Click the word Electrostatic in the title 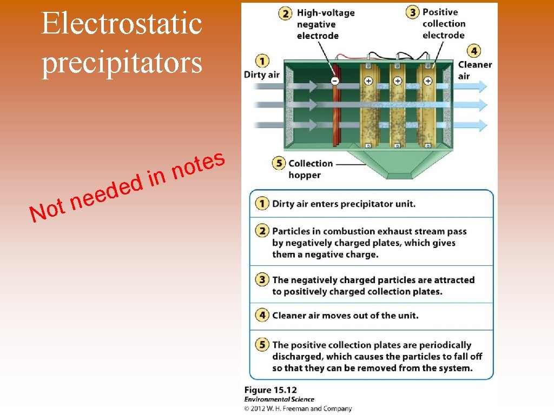pyautogui.click(x=122, y=24)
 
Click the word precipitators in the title pyautogui.click(x=122, y=62)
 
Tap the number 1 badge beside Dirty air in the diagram pyautogui.click(x=262, y=61)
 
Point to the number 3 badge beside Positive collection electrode pyautogui.click(x=412, y=12)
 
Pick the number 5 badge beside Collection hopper pyautogui.click(x=278, y=163)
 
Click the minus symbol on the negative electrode pyautogui.click(x=335, y=81)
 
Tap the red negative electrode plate pyautogui.click(x=336, y=113)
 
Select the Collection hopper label pyautogui.click(x=310, y=169)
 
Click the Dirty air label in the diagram pyautogui.click(x=262, y=75)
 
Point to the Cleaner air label pyautogui.click(x=474, y=70)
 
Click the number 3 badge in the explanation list pyautogui.click(x=262, y=280)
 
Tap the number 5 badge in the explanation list pyautogui.click(x=262, y=345)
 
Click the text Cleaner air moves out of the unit pyautogui.click(x=345, y=316)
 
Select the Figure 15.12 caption pyautogui.click(x=271, y=390)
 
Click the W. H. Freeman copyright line pyautogui.click(x=298, y=409)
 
